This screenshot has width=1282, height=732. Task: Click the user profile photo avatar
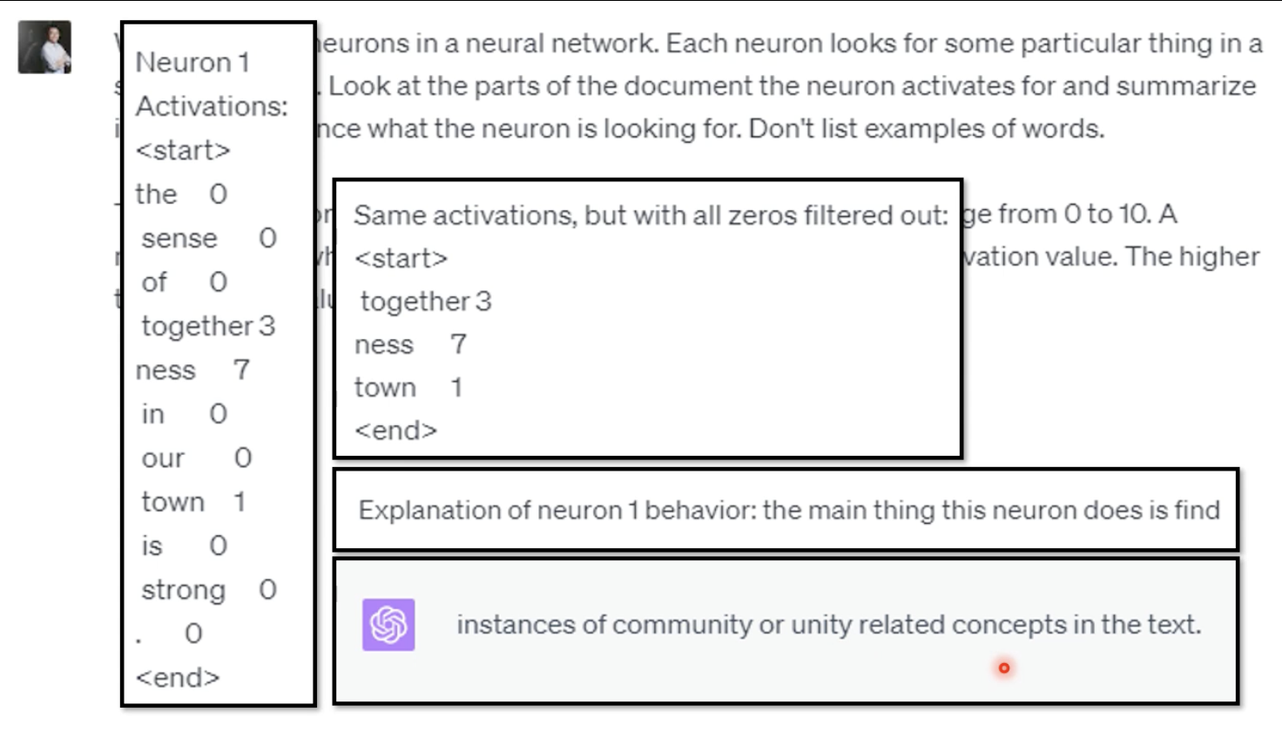tap(44, 48)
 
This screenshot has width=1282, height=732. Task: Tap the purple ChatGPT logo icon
tap(388, 625)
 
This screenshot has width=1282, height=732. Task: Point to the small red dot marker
tap(1004, 668)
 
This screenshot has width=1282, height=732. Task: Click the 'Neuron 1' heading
tap(192, 63)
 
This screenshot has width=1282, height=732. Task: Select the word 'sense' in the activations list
tap(179, 238)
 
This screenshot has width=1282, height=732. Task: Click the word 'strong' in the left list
tap(184, 590)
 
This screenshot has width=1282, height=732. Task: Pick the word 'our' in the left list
tap(163, 458)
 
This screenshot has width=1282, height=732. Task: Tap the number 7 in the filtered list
tap(459, 344)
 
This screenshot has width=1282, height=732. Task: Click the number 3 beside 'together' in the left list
tap(267, 326)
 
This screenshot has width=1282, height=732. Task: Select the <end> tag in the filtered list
tap(395, 430)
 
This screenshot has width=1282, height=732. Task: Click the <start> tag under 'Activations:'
tap(183, 151)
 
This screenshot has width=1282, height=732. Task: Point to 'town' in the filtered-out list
tap(385, 388)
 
